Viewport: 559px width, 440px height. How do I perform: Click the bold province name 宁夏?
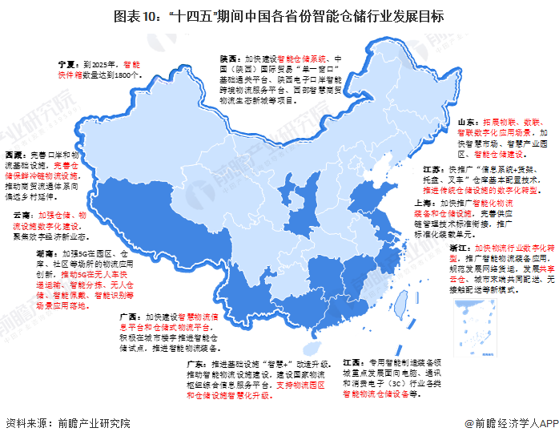pos(66,62)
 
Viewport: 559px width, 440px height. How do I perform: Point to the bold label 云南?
pos(22,216)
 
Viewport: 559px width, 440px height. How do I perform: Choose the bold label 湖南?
pos(22,252)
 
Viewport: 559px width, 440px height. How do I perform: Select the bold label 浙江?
pos(459,249)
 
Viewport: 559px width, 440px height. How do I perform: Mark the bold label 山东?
pos(468,114)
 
